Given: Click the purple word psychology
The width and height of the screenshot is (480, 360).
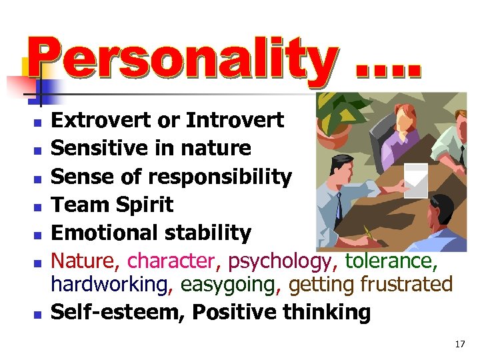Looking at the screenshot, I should click(273, 261).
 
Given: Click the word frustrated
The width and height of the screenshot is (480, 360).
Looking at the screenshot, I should click(406, 284).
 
